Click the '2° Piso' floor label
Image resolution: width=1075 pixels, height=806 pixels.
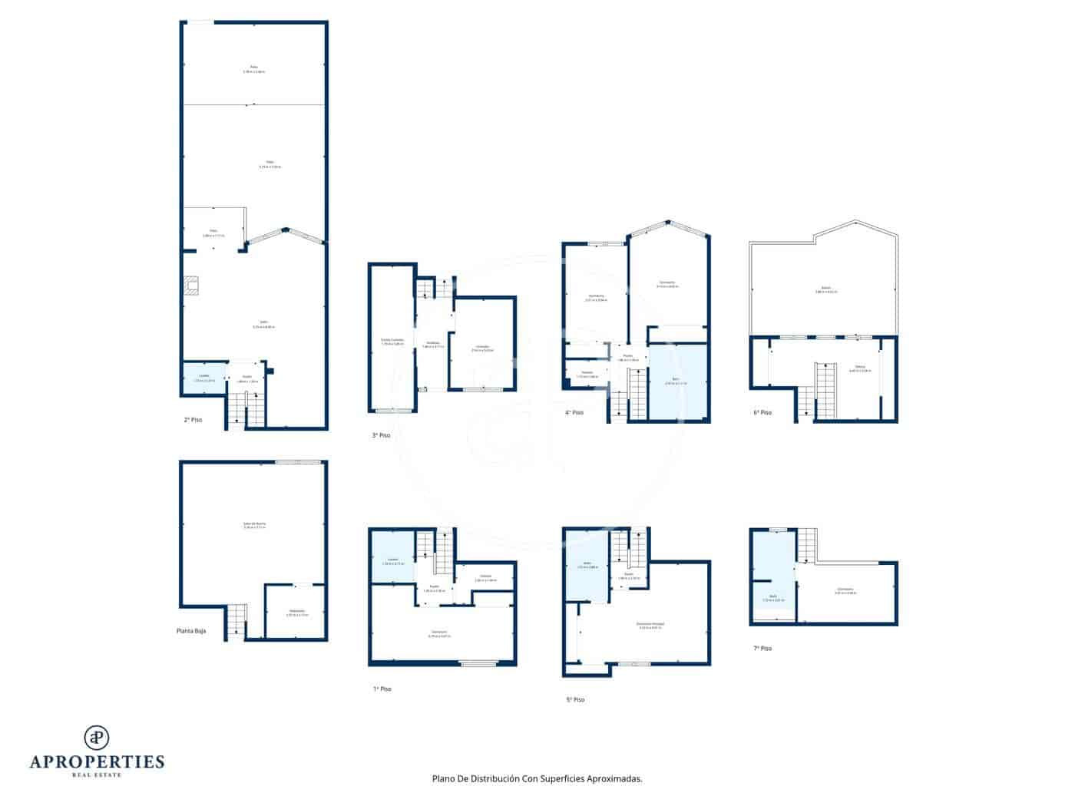pos(193,420)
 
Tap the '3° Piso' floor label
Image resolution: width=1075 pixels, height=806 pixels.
pos(381,435)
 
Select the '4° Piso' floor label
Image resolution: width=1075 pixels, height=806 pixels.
pos(574,412)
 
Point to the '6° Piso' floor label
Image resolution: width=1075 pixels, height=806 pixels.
pos(762,412)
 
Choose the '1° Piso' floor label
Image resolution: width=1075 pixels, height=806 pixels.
pos(382,689)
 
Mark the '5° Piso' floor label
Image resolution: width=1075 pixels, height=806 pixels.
pos(575,699)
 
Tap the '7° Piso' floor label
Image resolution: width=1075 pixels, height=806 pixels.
pos(762,648)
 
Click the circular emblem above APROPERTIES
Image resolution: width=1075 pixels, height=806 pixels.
pos(97,737)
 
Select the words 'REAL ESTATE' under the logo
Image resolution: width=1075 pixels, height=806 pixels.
pos(97,775)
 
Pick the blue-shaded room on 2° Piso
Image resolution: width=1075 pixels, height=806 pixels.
pos(204,378)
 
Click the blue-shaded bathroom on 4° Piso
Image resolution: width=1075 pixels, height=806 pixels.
pos(676,382)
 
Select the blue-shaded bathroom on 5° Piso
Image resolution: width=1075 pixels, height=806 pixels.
pos(587,565)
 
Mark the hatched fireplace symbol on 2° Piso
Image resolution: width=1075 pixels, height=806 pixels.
pos(192,286)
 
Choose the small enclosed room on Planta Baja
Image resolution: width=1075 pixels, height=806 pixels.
pos(296,611)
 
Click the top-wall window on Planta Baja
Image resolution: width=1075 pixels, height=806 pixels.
pos(299,462)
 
